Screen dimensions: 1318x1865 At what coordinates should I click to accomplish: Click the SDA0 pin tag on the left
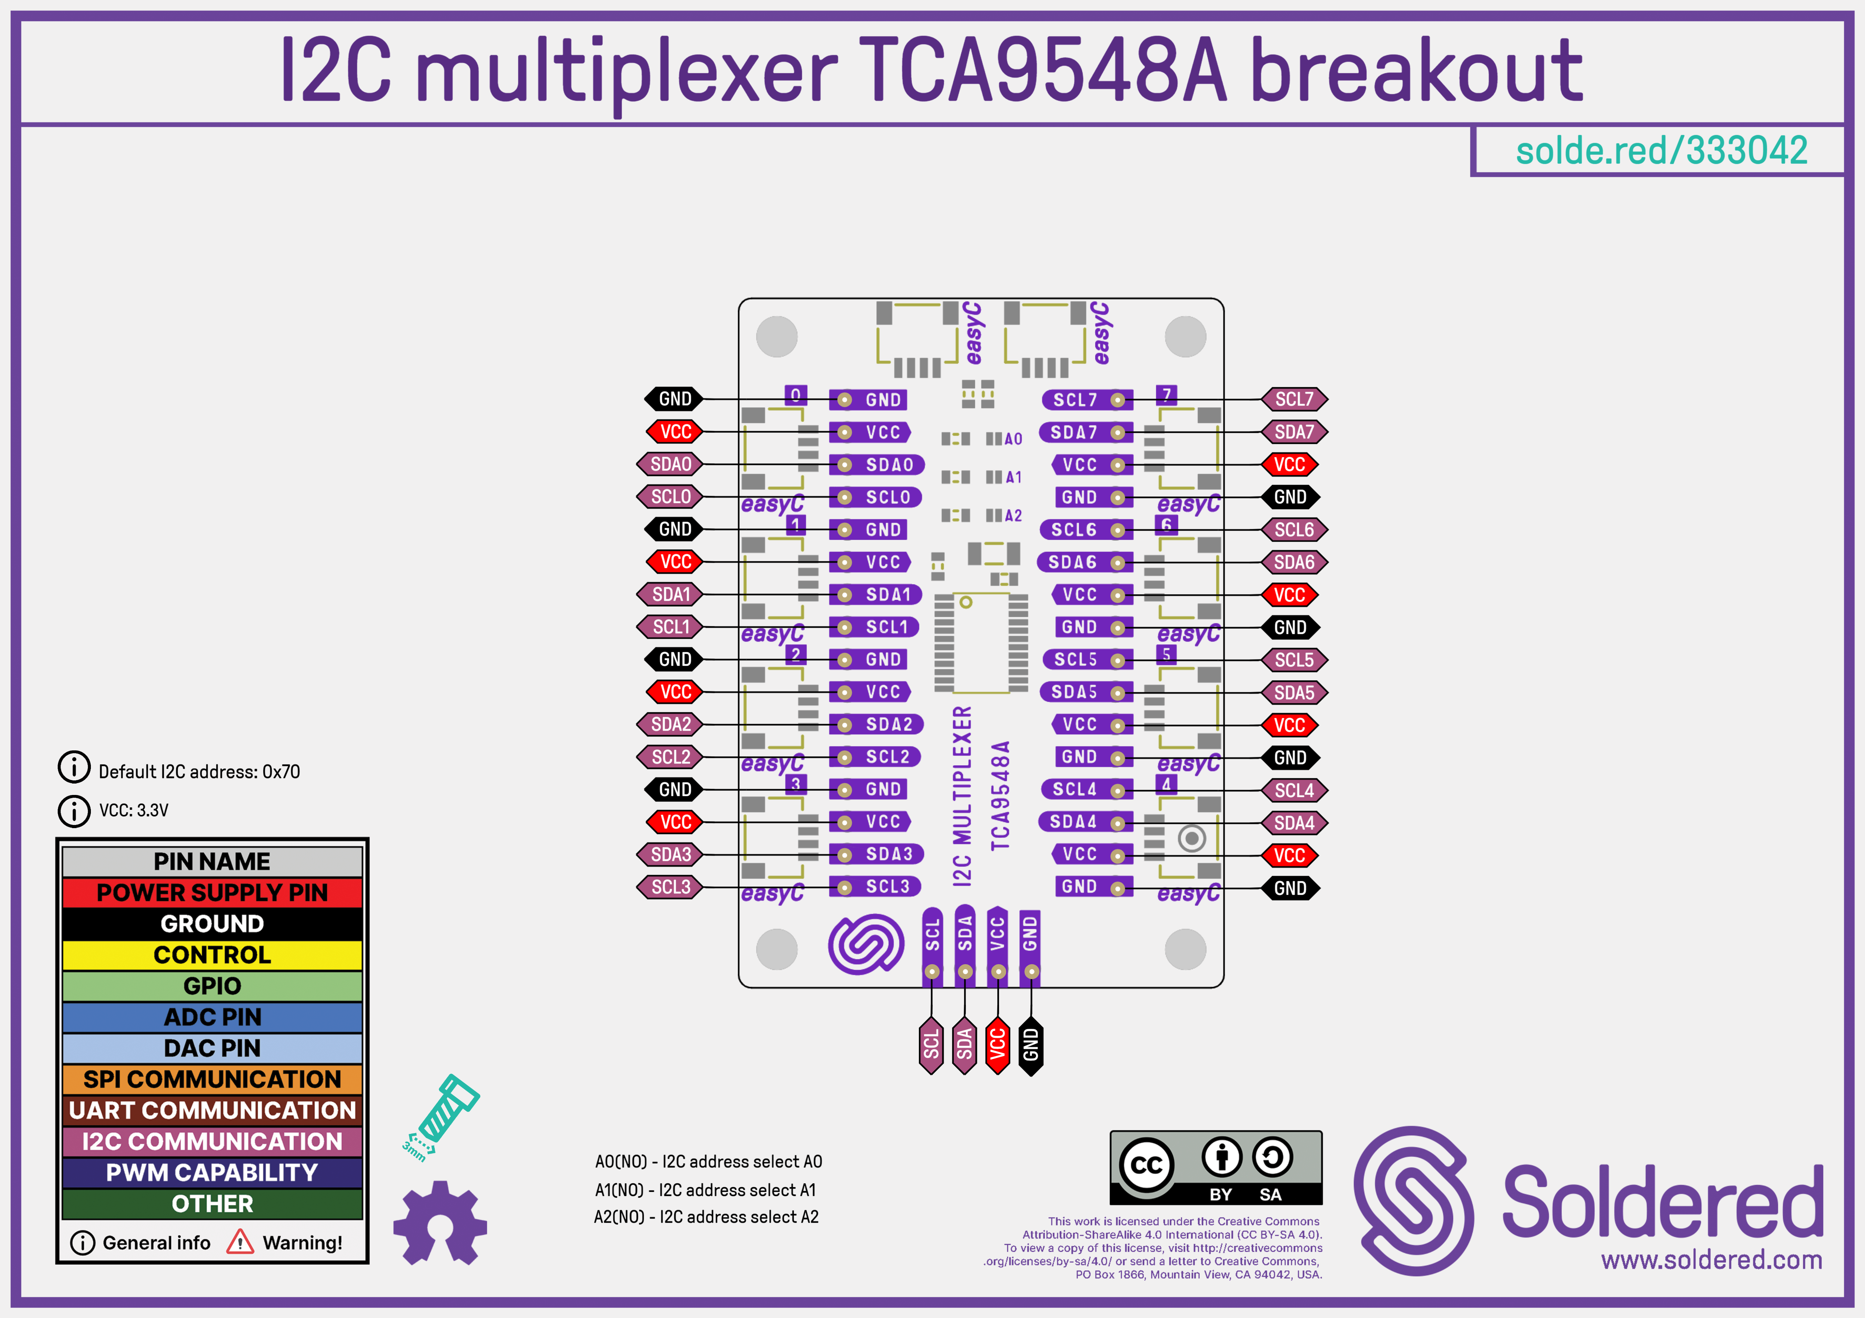point(670,465)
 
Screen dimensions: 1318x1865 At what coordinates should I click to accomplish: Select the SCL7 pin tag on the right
point(1294,399)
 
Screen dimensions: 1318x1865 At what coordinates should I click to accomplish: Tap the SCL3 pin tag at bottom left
point(670,887)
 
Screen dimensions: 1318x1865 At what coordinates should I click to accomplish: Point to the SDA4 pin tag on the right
point(1294,823)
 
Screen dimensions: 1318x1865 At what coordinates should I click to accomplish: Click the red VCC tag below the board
point(998,1044)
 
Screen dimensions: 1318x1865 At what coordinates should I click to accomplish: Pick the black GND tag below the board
point(1030,1044)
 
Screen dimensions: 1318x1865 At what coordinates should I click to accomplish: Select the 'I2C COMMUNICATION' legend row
point(212,1141)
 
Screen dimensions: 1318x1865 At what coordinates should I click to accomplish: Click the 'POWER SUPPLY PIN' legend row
point(212,892)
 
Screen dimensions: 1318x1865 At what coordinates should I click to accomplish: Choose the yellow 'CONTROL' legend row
point(212,955)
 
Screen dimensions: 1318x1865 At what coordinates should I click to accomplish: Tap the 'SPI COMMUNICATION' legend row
point(212,1079)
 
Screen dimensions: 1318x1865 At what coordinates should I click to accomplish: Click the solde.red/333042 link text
point(1661,150)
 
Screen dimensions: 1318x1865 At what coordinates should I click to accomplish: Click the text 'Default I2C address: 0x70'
point(199,771)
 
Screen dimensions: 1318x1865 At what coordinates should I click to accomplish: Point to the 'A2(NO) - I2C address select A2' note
point(706,1216)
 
